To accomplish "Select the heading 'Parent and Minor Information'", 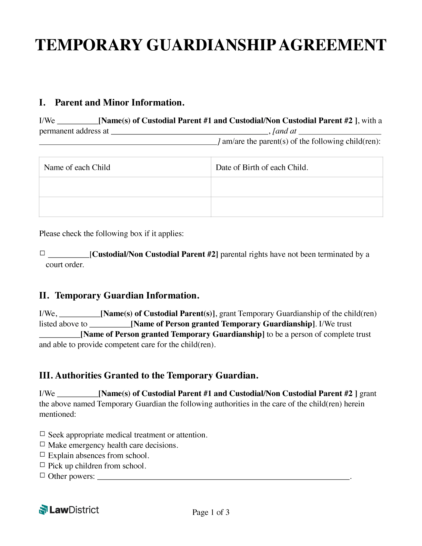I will coord(119,103).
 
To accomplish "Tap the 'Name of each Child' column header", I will coord(77,168).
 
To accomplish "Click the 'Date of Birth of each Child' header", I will coord(262,168).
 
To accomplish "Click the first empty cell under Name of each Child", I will coord(125,187).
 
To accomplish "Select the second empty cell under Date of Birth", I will coord(297,207).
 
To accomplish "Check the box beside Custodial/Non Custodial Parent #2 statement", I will coord(42,253).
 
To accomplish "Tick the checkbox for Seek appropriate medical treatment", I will coord(42,434).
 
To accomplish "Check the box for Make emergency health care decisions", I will coord(42,444).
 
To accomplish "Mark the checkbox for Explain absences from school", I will coord(42,455).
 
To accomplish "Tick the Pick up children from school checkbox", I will coord(42,465).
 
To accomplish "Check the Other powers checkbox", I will coord(42,475).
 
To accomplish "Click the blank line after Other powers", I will coord(223,477).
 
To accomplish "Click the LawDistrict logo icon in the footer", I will coord(43,510).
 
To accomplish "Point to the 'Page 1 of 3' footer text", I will coord(211,513).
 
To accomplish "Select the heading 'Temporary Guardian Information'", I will coord(127,296).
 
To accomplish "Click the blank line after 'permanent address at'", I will coord(189,132).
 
